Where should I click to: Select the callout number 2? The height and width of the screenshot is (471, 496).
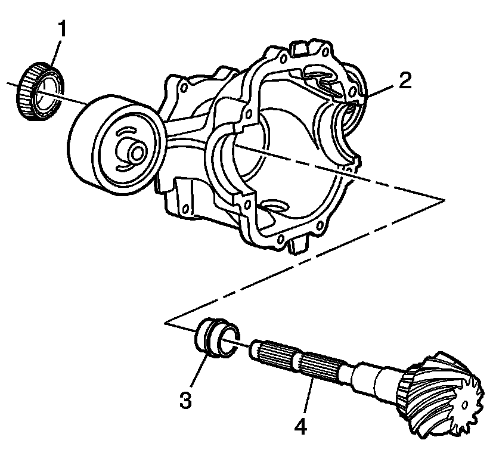(405, 80)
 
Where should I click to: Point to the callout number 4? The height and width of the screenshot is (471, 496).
(300, 427)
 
